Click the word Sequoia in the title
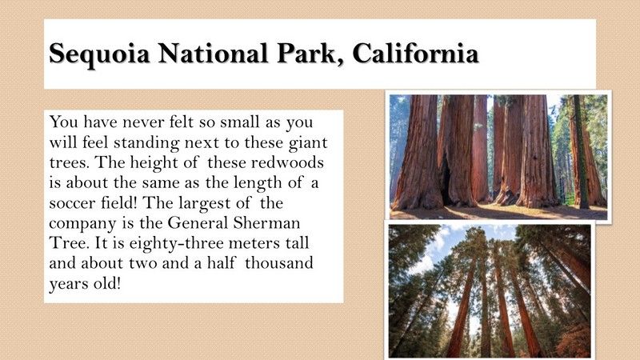[99, 54]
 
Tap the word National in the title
[214, 53]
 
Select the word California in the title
[415, 53]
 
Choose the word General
[198, 223]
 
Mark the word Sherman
[267, 223]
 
